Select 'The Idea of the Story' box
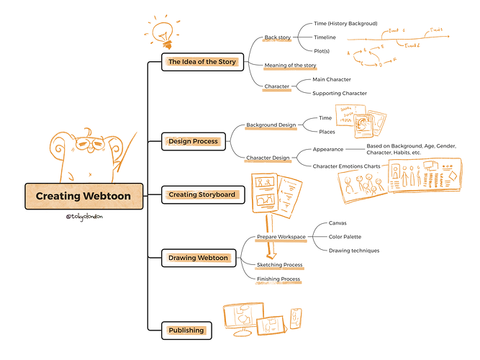(x=202, y=62)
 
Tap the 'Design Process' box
(x=193, y=141)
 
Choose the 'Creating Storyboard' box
(x=201, y=194)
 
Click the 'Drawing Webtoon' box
(x=198, y=258)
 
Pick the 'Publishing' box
(x=186, y=330)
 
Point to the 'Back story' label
(x=276, y=37)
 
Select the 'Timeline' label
(x=324, y=37)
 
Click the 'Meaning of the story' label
(x=291, y=66)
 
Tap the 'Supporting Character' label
(x=340, y=93)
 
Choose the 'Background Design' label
(x=271, y=125)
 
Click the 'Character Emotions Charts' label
(x=346, y=166)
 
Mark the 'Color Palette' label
(x=345, y=237)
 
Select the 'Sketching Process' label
(x=279, y=265)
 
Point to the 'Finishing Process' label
(x=279, y=279)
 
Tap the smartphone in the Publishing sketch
(x=297, y=318)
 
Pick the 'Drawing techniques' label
(x=353, y=251)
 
